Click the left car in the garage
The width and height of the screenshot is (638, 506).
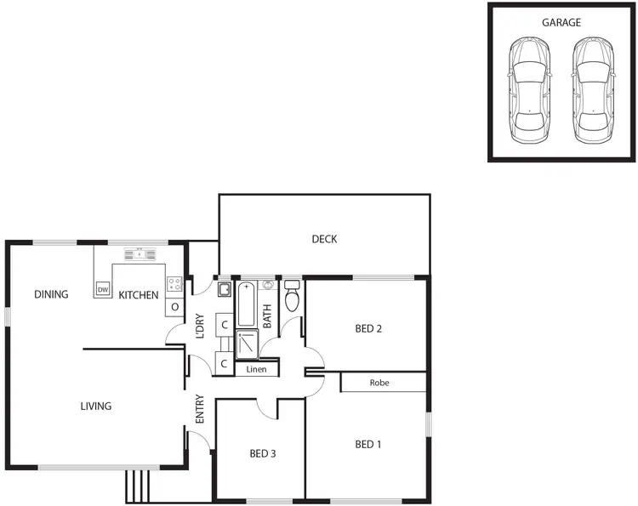[x=528, y=91]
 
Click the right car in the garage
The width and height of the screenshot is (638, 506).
[x=592, y=91]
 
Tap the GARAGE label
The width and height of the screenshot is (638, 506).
[x=561, y=22]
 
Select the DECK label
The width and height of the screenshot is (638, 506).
[x=324, y=239]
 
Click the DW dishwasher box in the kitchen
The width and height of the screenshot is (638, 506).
[x=103, y=290]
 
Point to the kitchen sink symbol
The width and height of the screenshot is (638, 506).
[x=140, y=253]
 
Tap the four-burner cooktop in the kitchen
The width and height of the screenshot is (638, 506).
[x=174, y=285]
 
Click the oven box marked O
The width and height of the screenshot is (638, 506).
[x=174, y=306]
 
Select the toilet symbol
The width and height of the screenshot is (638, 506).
[x=292, y=297]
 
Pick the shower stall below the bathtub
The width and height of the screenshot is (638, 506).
[x=247, y=345]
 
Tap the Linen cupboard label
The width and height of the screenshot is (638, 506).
[x=256, y=370]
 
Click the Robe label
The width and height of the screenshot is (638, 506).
[x=379, y=383]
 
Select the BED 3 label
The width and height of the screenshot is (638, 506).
[x=262, y=453]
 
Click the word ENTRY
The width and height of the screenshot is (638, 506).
[x=200, y=409]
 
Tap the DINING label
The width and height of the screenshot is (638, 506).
[x=51, y=294]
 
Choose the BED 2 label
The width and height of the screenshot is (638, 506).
[x=367, y=328]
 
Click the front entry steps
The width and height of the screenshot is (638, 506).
[x=137, y=484]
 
